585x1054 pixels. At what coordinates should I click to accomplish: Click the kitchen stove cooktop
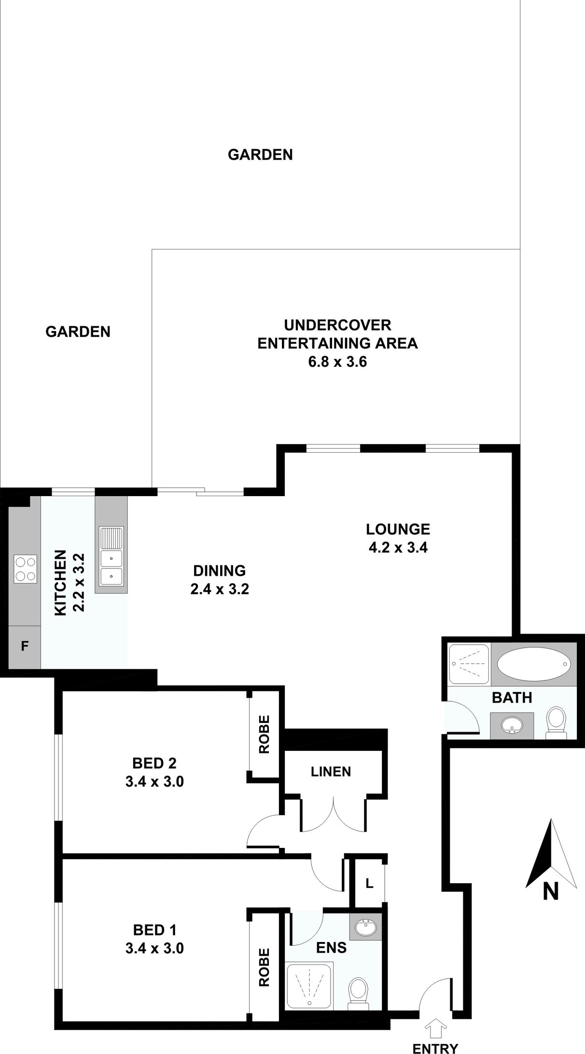(26, 569)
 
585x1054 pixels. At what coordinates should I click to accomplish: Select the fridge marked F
(25, 646)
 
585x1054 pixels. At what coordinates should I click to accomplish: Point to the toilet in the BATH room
(557, 722)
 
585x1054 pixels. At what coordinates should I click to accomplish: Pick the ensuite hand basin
(365, 927)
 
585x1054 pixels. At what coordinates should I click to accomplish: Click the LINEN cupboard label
(331, 772)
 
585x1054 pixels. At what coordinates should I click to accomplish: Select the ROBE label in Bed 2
(264, 734)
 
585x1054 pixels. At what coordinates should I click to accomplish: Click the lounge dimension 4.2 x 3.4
(398, 548)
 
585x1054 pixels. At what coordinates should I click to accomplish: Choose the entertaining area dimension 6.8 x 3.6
(337, 362)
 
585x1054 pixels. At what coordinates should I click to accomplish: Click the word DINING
(220, 570)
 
